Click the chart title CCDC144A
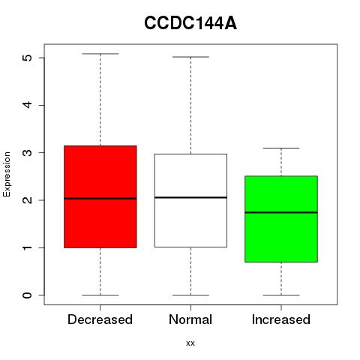190,23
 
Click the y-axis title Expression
7,174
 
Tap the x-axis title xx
190,343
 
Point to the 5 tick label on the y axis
28,58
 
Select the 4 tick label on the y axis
28,105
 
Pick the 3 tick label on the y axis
28,152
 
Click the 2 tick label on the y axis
28,200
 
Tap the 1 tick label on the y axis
28,247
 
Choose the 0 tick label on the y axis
28,295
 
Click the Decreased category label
100,319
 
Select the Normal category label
190,319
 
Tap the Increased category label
281,319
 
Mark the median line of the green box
281,212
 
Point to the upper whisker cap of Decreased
100,54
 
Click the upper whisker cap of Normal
190,57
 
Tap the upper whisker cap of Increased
281,148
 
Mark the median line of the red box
100,199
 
